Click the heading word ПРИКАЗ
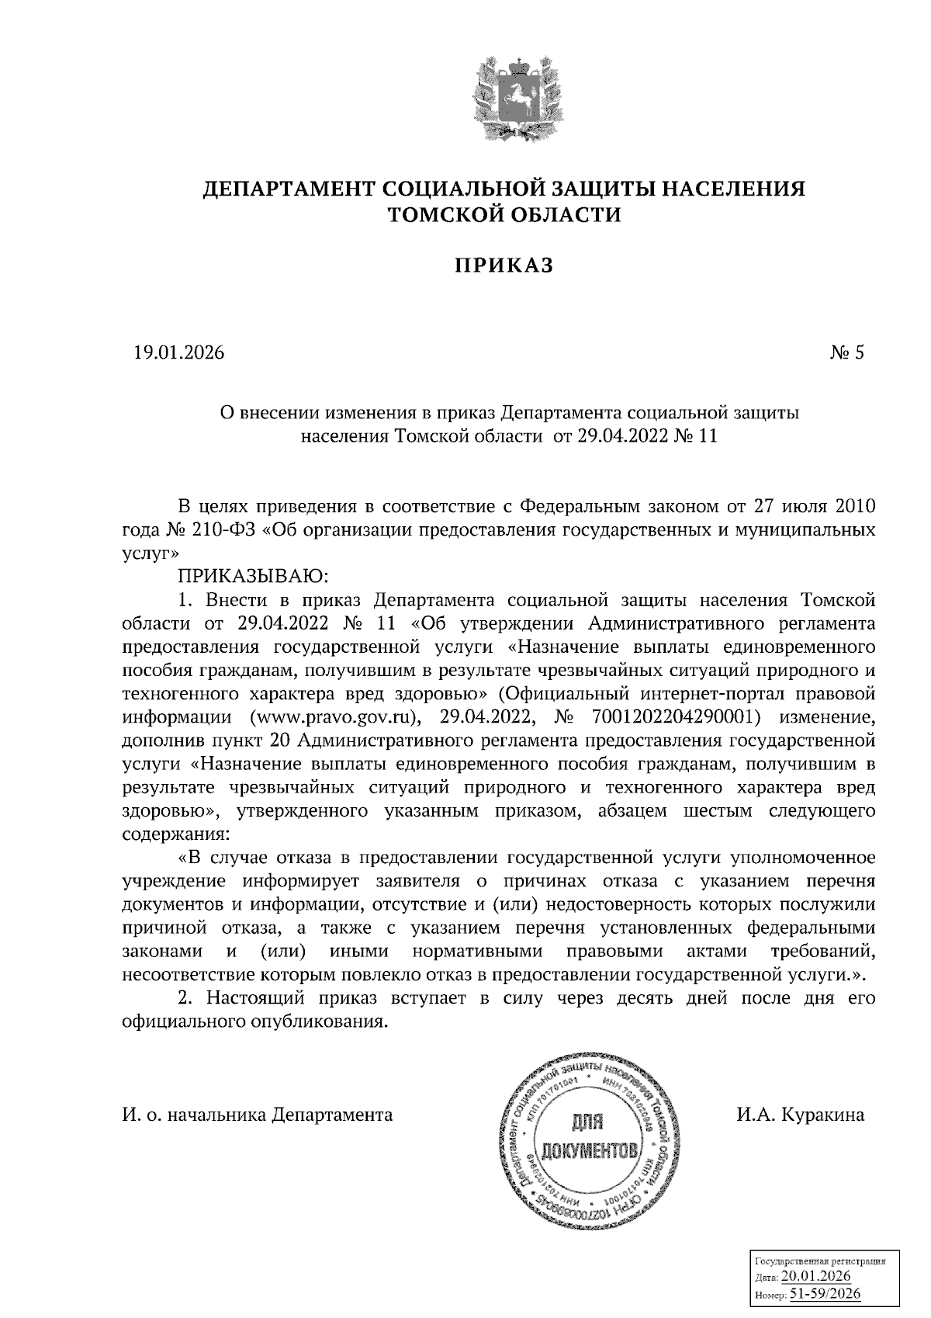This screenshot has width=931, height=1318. coord(504,265)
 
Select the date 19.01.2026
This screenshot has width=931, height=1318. coord(179,353)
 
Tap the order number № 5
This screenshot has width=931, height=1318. coord(847,353)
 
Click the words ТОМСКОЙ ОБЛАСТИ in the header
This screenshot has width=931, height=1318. coord(504,214)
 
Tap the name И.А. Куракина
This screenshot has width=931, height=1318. coord(800,1115)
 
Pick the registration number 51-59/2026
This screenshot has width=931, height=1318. coord(825,1295)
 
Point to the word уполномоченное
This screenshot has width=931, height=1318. coord(806,858)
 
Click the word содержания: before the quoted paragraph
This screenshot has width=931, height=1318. coord(176,834)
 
